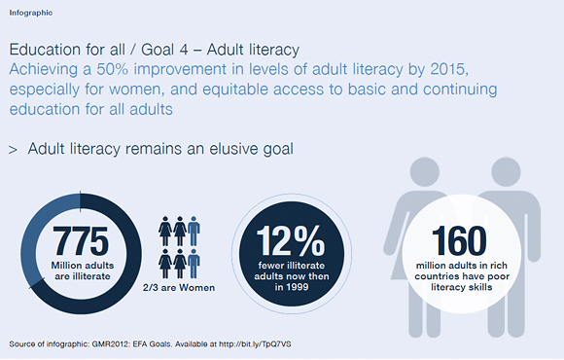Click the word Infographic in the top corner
(31, 13)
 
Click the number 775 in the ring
(81, 241)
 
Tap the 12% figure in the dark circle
(291, 240)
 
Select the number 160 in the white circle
(459, 240)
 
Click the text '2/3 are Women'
(179, 288)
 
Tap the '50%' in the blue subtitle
(112, 69)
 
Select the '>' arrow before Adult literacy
(13, 150)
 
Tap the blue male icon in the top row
(194, 231)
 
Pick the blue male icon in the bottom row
(194, 264)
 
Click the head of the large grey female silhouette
(425, 171)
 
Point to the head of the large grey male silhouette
(506, 171)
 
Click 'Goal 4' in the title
(164, 50)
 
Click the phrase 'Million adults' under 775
(83, 266)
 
